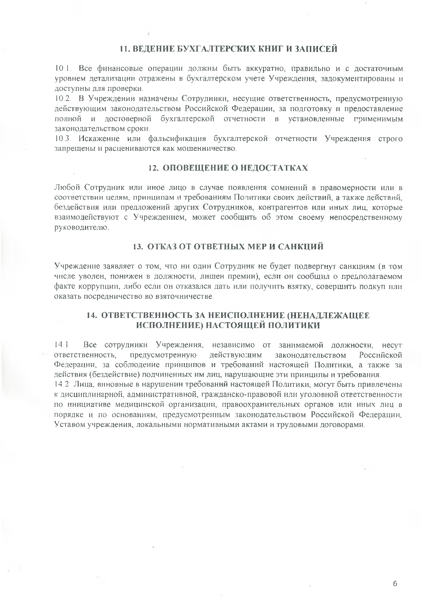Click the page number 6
coord(395,584)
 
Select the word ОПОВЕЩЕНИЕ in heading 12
coord(195,168)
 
